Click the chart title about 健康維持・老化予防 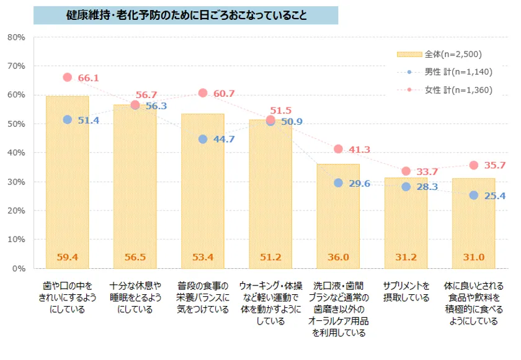click(x=186, y=15)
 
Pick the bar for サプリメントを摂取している click(x=406, y=223)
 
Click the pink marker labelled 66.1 click(x=67, y=78)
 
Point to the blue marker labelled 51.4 click(x=67, y=120)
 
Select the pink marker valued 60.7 click(x=203, y=93)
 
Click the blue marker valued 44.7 click(x=203, y=139)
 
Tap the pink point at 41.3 click(x=338, y=149)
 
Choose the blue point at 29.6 click(x=338, y=183)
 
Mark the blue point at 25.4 click(x=474, y=195)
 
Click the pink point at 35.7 click(x=474, y=165)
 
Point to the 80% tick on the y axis click(x=16, y=37)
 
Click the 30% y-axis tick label click(x=16, y=182)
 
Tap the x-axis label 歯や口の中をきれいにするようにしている click(x=67, y=297)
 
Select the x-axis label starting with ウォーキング click(x=270, y=303)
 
